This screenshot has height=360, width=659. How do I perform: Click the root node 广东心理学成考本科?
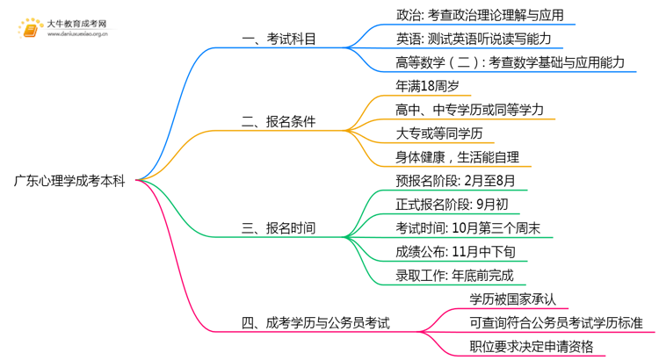point(69,181)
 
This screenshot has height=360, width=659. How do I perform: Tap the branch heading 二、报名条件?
point(279,121)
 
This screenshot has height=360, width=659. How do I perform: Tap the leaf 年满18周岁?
point(427,86)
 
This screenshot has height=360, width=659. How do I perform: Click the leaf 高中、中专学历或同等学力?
point(470,110)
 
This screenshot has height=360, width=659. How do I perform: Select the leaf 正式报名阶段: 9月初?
point(445,205)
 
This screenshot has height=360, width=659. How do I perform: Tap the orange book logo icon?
point(30,29)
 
